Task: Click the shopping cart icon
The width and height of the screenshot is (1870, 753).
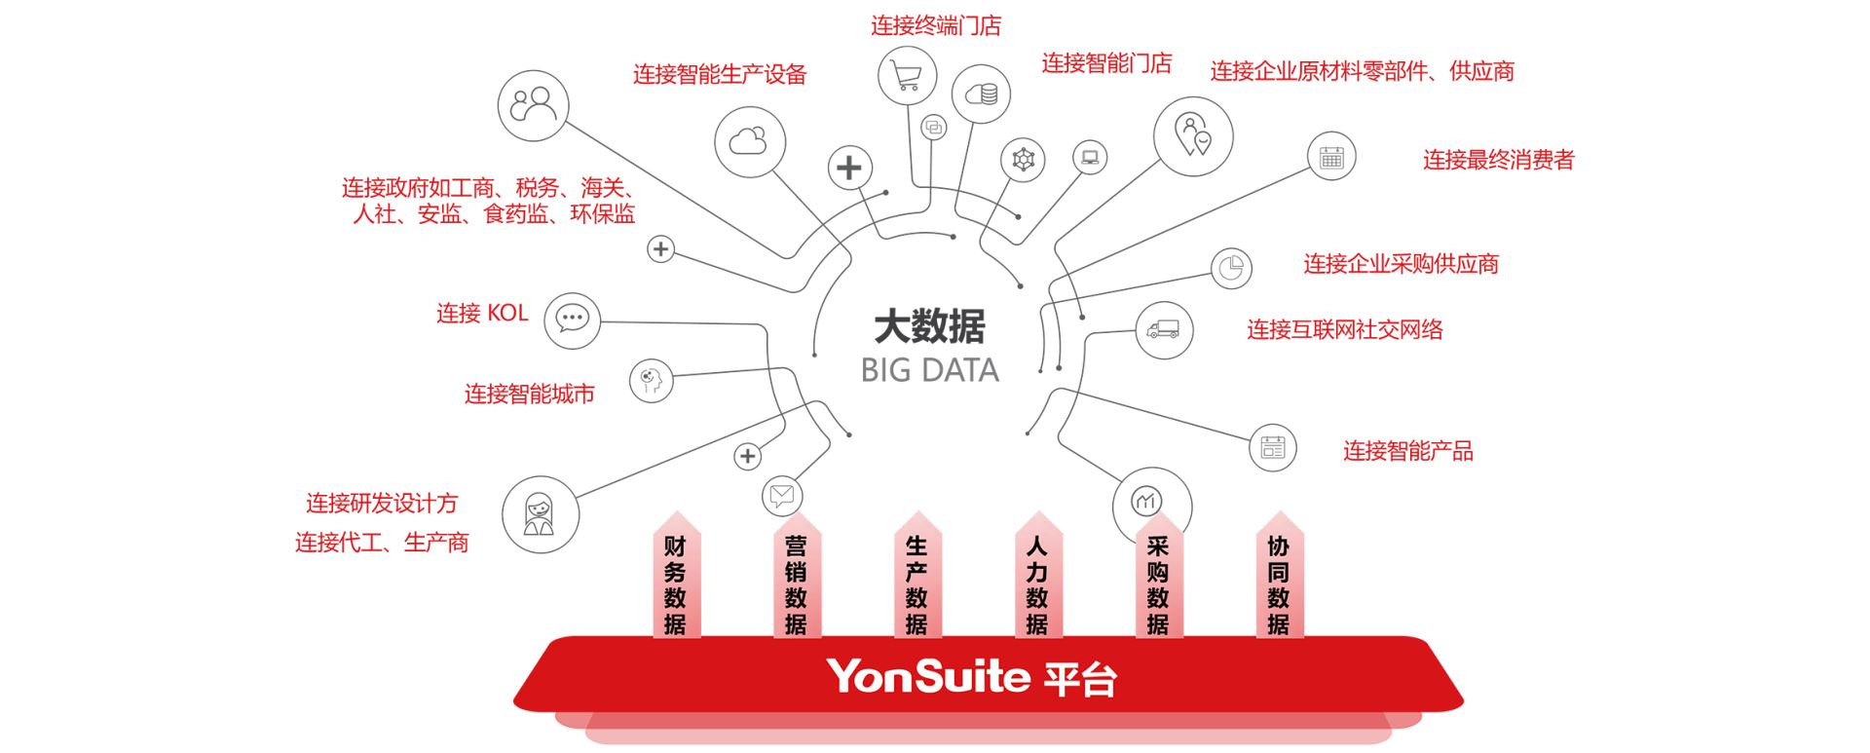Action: (x=907, y=75)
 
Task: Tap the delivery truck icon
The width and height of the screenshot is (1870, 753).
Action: (x=1163, y=330)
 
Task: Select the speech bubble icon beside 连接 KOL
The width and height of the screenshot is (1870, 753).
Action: (x=572, y=320)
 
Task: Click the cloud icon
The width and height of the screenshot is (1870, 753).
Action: (x=749, y=142)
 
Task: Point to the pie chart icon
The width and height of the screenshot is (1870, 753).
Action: (x=1231, y=268)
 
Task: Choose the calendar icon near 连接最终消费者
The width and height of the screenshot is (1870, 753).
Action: (x=1331, y=157)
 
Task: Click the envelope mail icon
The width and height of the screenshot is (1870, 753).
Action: (x=781, y=495)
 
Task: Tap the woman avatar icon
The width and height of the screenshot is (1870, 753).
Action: (x=540, y=514)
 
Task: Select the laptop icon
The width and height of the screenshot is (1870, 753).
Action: (x=1090, y=157)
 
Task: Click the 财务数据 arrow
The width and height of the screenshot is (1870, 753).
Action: (x=676, y=583)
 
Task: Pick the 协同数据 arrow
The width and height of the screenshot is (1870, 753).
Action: (x=1279, y=583)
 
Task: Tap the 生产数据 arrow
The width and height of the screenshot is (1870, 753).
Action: (x=916, y=583)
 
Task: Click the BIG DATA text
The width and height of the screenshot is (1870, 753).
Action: (x=930, y=370)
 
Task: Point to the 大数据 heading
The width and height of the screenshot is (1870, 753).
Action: (x=930, y=326)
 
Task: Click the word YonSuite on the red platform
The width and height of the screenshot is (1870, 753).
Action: (x=928, y=676)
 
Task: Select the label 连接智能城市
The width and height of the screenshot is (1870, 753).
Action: (x=529, y=395)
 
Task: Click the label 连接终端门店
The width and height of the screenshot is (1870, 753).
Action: (x=935, y=26)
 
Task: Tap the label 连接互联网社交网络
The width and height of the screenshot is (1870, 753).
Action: (x=1345, y=330)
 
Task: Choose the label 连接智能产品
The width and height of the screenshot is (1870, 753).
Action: (x=1407, y=451)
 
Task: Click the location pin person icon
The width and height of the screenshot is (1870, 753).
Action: (x=1193, y=135)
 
